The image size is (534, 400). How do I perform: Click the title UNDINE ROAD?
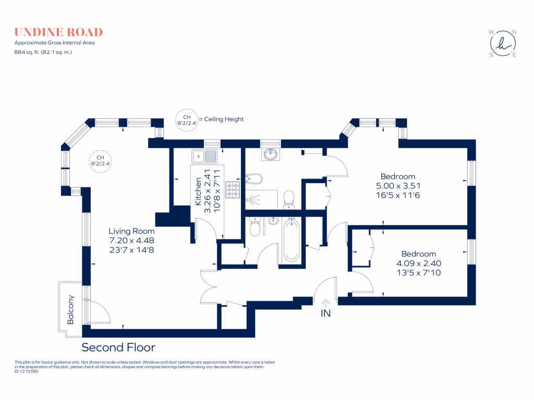click(58, 32)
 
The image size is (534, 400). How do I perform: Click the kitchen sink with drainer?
click(204, 156)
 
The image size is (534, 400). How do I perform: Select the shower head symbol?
click(254, 198)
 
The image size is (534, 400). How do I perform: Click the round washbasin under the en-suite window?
click(270, 154)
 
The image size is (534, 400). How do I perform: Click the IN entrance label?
click(326, 314)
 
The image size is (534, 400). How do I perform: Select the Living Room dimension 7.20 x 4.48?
click(131, 241)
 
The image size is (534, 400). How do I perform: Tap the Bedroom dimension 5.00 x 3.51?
click(398, 185)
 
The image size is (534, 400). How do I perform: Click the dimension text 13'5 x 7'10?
click(419, 272)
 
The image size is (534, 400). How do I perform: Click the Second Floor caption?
click(118, 347)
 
